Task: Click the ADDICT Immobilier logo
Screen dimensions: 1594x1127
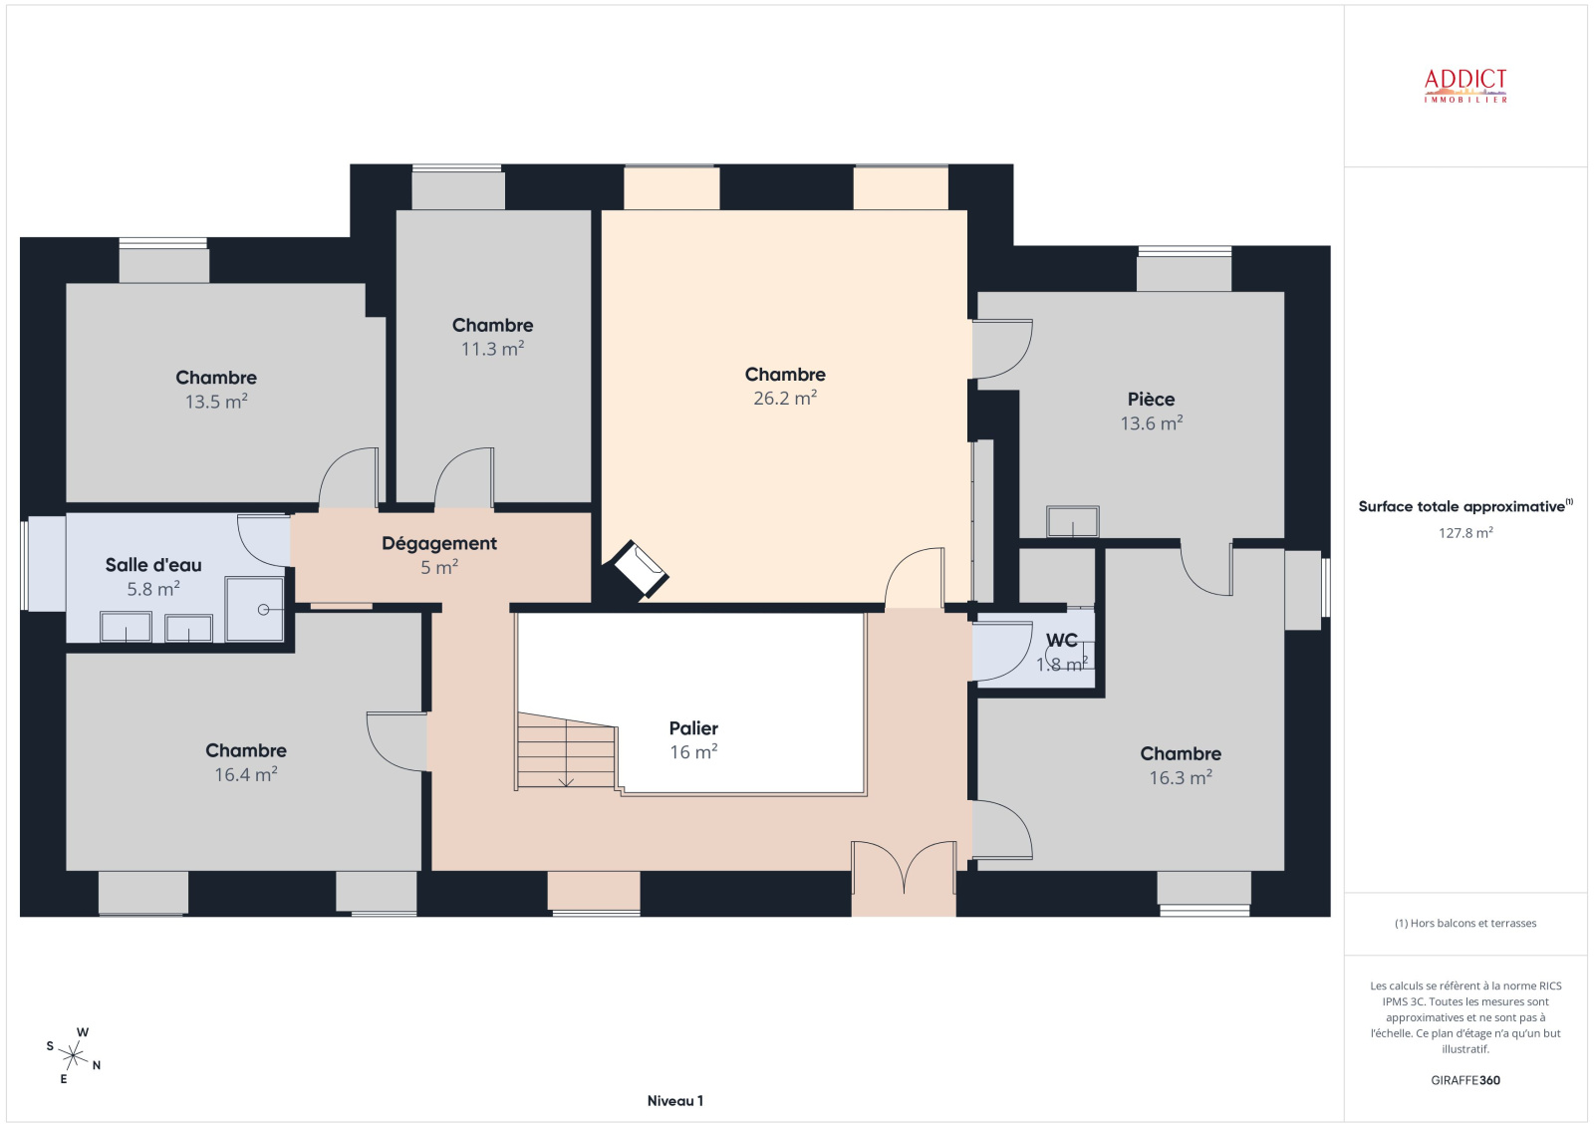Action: tap(1465, 86)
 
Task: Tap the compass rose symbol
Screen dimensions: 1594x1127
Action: tap(74, 1054)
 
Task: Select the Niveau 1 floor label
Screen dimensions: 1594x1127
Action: tap(674, 1101)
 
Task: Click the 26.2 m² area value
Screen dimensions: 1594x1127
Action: tap(785, 398)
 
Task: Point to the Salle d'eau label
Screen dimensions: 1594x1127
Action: tap(153, 565)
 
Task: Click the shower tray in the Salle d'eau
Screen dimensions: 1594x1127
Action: tap(255, 609)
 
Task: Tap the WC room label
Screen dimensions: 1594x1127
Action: tap(1061, 640)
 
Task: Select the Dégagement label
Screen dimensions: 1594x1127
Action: tap(439, 543)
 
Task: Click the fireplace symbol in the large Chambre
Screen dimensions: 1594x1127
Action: tap(641, 570)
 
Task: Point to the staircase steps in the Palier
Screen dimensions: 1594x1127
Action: tap(566, 751)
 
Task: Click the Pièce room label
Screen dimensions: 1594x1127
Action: tap(1151, 399)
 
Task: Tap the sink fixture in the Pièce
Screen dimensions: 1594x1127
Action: tap(1072, 521)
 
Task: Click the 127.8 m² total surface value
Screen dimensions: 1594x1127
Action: tap(1465, 532)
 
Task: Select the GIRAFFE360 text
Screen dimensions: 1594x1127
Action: tap(1465, 1080)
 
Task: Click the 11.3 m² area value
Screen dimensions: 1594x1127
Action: tap(492, 349)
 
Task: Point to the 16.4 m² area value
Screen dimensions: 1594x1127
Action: tap(245, 774)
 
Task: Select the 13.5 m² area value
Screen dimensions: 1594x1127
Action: tap(216, 402)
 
